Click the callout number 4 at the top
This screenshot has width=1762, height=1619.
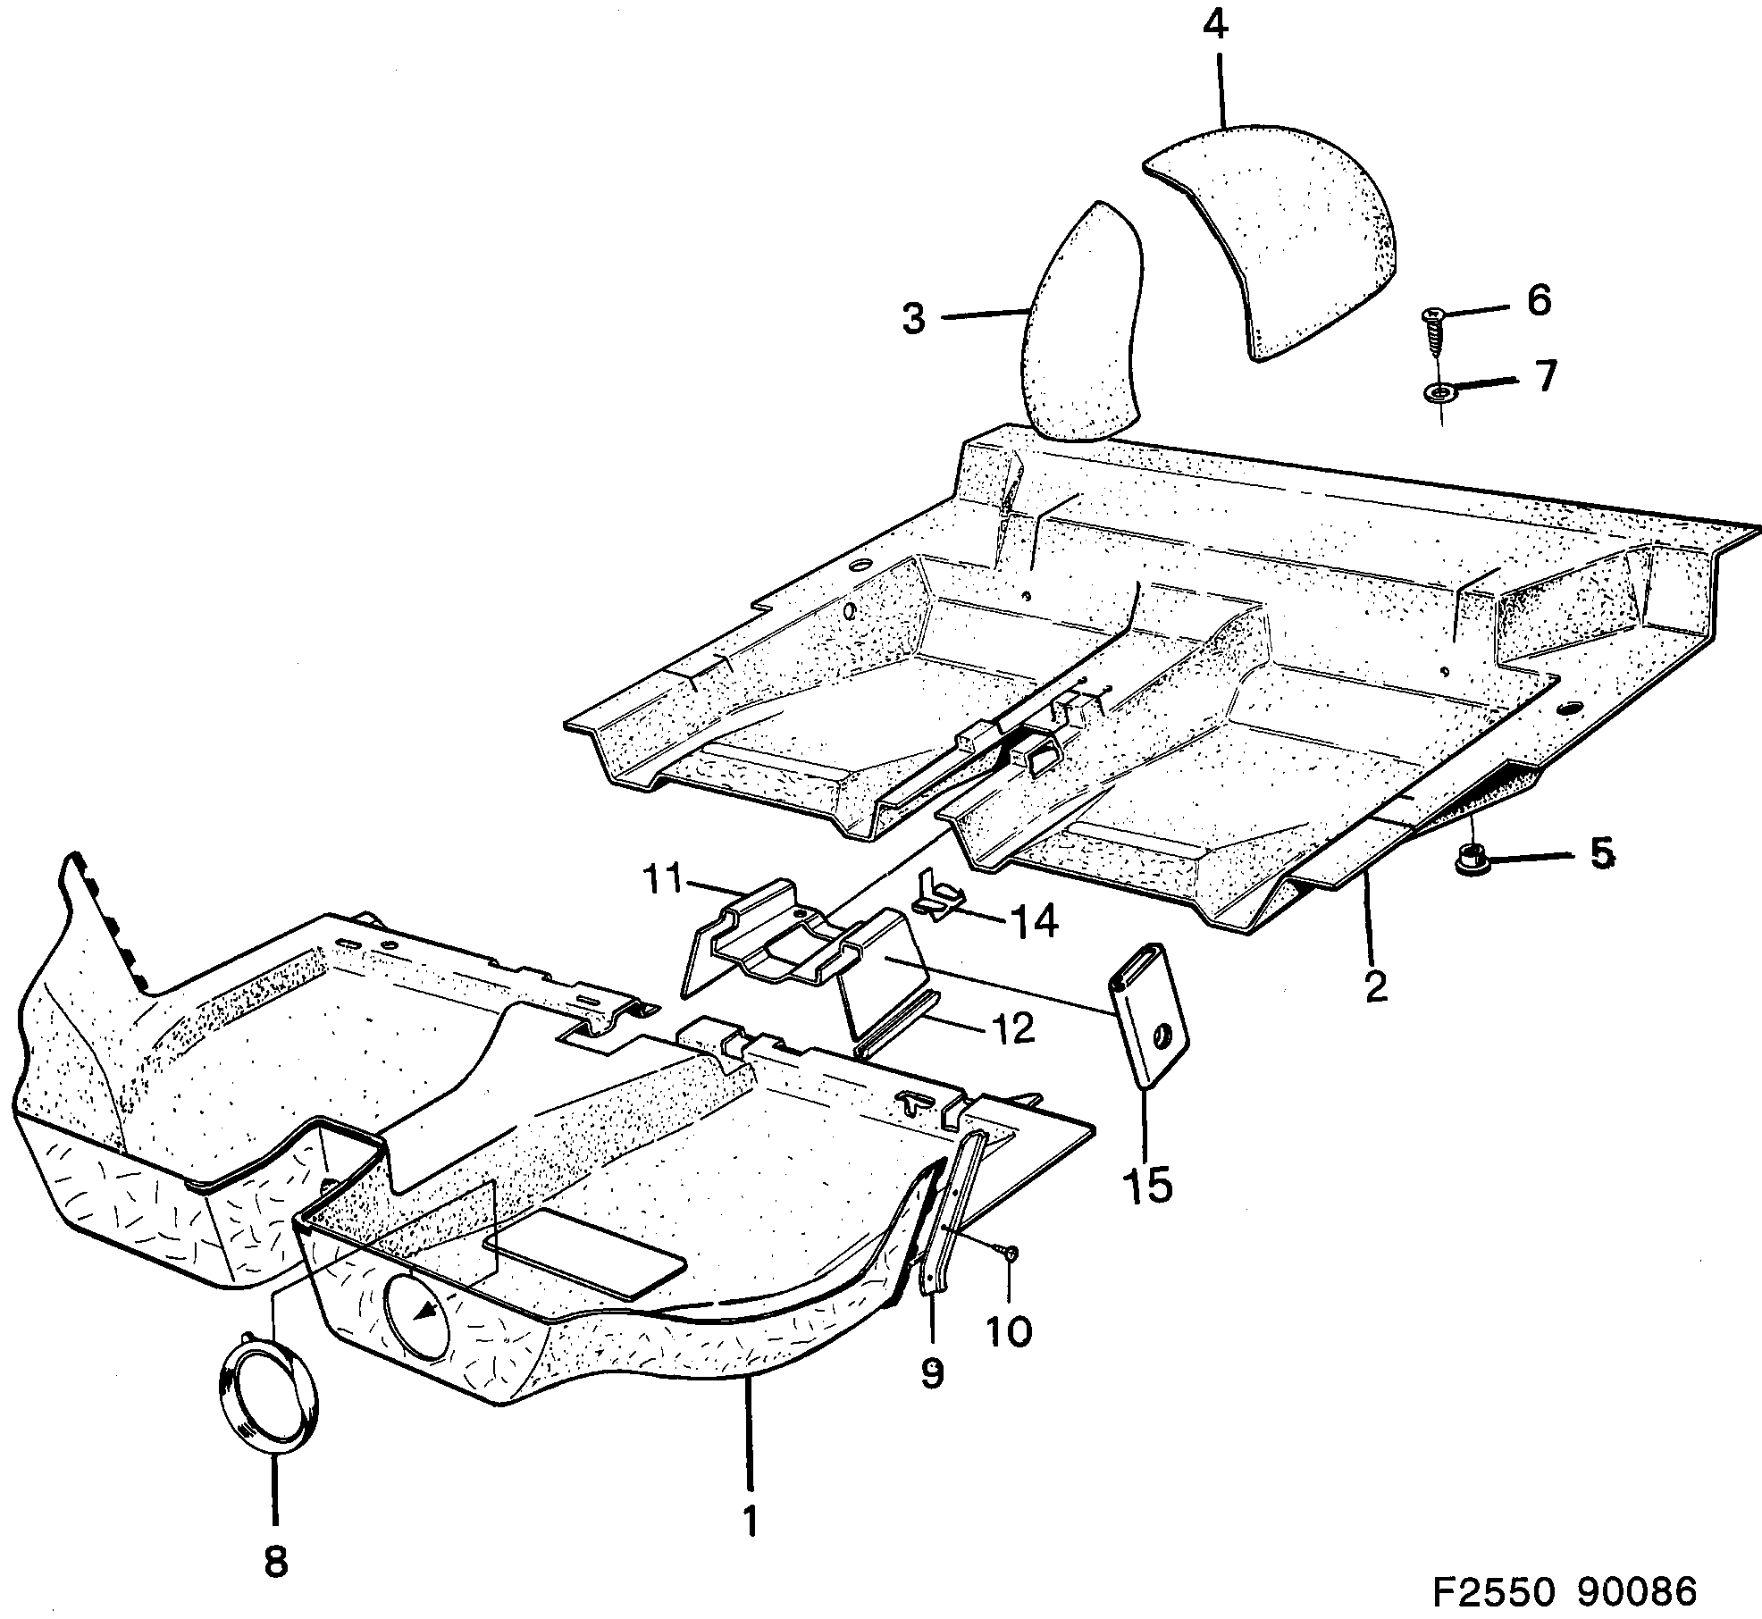[x=1215, y=24]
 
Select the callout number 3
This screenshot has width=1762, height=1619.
[x=913, y=318]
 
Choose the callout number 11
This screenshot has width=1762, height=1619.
[x=662, y=880]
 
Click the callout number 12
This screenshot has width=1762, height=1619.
[x=1011, y=1029]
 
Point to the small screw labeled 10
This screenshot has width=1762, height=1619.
[x=1011, y=1254]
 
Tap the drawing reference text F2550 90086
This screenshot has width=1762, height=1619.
[x=1564, y=1590]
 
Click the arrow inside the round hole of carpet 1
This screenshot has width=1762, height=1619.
[x=430, y=1310]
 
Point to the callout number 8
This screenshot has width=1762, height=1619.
[x=275, y=1561]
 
